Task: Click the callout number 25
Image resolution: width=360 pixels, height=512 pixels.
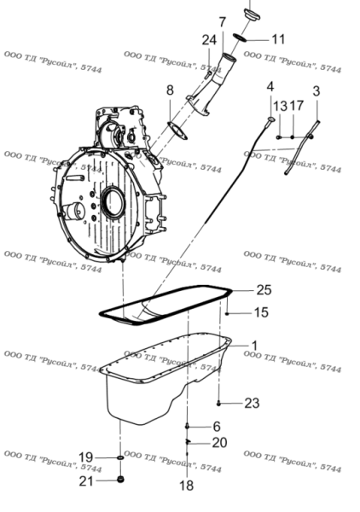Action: point(264,289)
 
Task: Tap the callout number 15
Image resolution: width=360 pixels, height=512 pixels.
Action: point(261,312)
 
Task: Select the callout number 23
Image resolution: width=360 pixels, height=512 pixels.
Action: point(252,404)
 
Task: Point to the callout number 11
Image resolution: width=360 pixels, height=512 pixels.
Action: point(278,39)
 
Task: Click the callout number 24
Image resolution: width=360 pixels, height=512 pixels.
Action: point(209,40)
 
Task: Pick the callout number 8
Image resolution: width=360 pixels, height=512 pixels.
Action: point(170,90)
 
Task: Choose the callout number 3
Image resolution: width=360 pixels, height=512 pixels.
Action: point(316,91)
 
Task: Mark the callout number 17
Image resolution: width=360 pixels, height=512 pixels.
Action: point(296,106)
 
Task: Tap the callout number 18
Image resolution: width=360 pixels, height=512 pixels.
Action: point(186,486)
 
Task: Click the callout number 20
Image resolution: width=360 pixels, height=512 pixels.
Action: point(219,443)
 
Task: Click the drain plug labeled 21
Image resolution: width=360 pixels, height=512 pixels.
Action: point(121,480)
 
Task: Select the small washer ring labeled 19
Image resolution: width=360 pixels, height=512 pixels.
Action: point(120,457)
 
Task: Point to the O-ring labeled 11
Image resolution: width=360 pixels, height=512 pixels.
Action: point(240,38)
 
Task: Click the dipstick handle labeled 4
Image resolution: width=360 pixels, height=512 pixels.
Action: point(270,119)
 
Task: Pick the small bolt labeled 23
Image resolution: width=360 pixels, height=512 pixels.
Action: point(218,404)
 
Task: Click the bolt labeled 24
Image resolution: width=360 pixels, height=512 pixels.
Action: point(207,75)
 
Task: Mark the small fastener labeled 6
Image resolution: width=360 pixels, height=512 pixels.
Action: point(187,426)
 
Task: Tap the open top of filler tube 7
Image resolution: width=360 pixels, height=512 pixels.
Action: point(229,58)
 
